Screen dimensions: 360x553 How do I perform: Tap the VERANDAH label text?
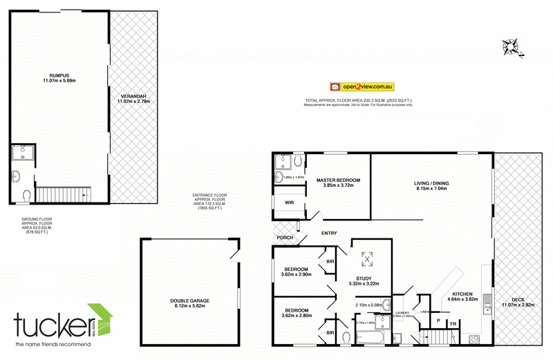click(x=133, y=97)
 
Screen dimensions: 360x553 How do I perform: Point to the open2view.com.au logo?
click(x=362, y=87)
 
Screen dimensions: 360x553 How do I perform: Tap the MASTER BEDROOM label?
click(x=339, y=180)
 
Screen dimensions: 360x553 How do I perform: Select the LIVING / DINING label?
click(x=432, y=183)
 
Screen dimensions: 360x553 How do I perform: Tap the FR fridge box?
click(x=453, y=323)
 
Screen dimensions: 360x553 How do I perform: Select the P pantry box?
click(x=438, y=320)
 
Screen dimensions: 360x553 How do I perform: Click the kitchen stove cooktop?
click(x=475, y=339)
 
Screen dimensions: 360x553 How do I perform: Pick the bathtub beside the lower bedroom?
click(x=373, y=338)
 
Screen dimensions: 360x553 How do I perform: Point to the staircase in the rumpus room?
click(x=64, y=195)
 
